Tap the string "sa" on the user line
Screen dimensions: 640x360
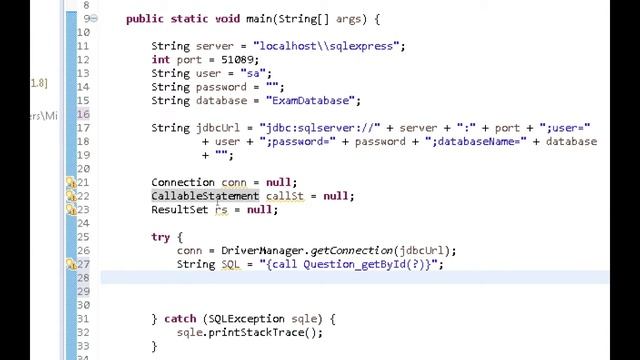pyautogui.click(x=258, y=73)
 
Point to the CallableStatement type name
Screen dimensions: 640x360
pyautogui.click(x=204, y=196)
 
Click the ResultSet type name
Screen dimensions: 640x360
pyautogui.click(x=179, y=210)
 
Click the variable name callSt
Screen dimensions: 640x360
pyautogui.click(x=284, y=196)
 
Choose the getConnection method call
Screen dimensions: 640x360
pyautogui.click(x=351, y=251)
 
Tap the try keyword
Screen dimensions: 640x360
pyautogui.click(x=160, y=237)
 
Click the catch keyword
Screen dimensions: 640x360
pyautogui.click(x=180, y=319)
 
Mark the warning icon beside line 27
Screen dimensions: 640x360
pyautogui.click(x=71, y=265)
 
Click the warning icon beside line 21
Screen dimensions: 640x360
pyautogui.click(x=71, y=183)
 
